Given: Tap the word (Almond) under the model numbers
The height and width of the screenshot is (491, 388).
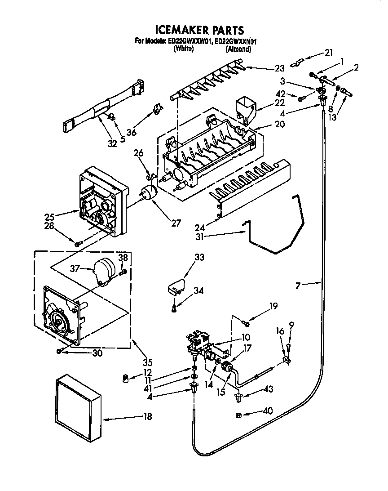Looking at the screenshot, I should coord(238,49).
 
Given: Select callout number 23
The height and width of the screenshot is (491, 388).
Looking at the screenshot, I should coord(279,69).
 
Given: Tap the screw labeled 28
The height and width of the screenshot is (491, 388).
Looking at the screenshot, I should coord(78,244).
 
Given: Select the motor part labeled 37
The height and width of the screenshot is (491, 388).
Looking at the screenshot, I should coord(104,271).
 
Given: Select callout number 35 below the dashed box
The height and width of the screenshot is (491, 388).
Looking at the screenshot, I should coord(148,362).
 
